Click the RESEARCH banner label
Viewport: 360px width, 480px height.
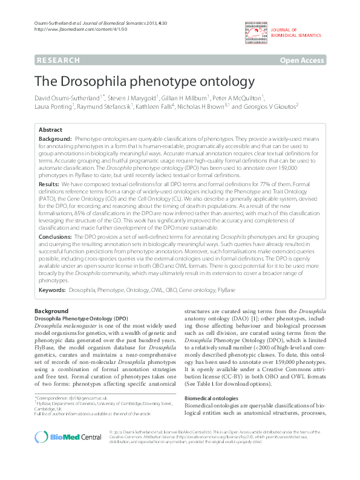click(58, 60)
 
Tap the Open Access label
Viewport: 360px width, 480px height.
click(302, 60)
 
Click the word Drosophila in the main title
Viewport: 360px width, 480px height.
click(105, 80)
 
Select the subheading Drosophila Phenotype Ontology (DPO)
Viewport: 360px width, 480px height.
click(80, 317)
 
